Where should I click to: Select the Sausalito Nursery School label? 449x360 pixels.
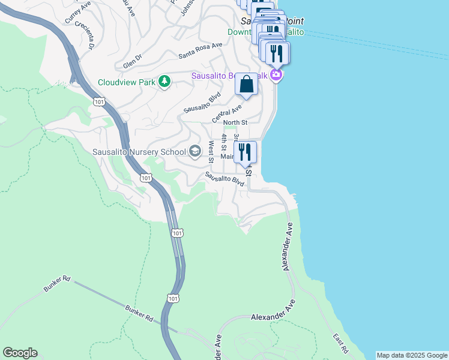(139, 152)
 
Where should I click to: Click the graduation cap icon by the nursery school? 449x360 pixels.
(195, 151)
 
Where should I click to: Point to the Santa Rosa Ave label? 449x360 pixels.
(200, 50)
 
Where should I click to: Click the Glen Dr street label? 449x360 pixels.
(132, 61)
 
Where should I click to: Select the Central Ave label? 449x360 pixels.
(227, 113)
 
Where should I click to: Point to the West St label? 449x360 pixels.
(211, 151)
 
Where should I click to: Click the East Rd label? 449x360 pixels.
(342, 343)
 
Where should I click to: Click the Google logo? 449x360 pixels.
(20, 353)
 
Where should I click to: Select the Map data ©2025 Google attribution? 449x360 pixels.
(412, 355)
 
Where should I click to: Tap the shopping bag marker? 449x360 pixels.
(246, 85)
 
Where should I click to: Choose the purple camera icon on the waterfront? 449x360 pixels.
(276, 75)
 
